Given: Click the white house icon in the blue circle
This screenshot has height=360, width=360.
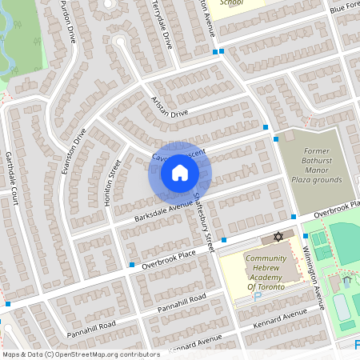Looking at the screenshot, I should pos(180,172).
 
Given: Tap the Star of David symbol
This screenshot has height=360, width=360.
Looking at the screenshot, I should pos(278,238).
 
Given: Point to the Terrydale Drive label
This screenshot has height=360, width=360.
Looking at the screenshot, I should pos(163,24).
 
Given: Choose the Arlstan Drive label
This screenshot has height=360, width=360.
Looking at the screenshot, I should pos(169,107).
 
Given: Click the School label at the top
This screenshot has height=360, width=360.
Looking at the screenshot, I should pos(230,3).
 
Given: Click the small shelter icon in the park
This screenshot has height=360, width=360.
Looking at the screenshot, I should pos(346,282).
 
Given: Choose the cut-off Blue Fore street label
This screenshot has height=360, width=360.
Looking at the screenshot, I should pos(343,8).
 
